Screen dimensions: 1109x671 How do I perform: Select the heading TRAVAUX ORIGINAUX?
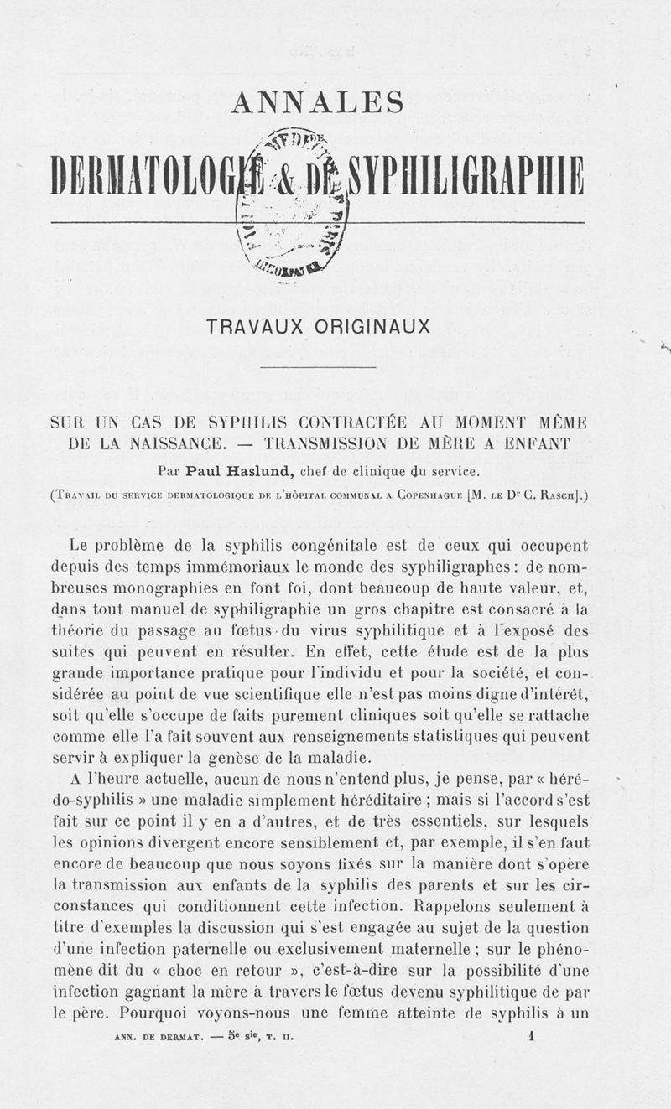318,327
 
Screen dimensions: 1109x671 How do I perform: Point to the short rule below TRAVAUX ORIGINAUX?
318,367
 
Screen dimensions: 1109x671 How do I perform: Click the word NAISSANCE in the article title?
176,443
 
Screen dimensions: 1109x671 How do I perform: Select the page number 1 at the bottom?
532,1035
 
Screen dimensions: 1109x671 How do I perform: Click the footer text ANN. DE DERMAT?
158,1036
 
